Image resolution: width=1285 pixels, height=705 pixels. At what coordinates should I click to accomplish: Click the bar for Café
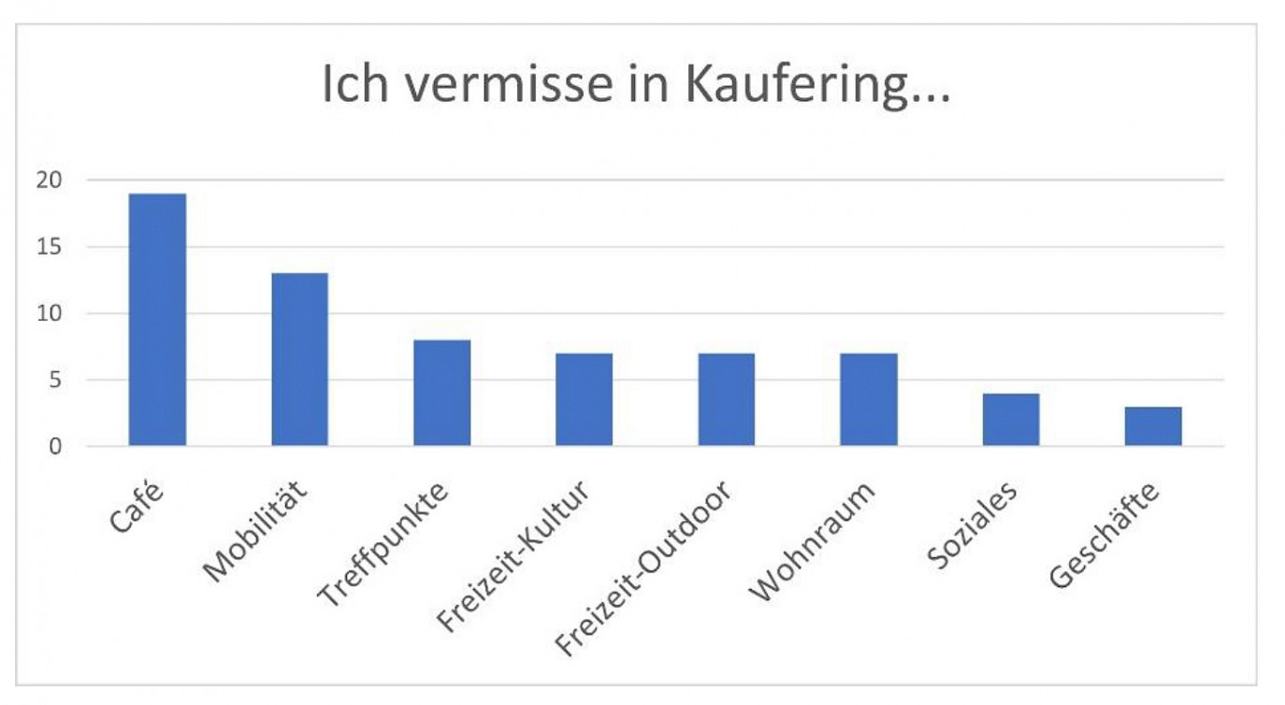pyautogui.click(x=157, y=320)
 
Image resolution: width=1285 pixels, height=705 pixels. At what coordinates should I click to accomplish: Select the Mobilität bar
pyautogui.click(x=299, y=359)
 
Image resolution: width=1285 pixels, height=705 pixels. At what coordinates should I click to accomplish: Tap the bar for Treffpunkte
pyautogui.click(x=441, y=393)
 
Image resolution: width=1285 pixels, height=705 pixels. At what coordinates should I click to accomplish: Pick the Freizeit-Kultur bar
pyautogui.click(x=584, y=399)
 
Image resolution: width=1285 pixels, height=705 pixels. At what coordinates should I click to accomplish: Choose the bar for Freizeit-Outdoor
pyautogui.click(x=726, y=399)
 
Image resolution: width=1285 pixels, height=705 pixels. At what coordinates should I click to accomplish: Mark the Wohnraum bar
pyautogui.click(x=868, y=399)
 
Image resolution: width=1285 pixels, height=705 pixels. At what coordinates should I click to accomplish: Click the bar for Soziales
pyautogui.click(x=1010, y=420)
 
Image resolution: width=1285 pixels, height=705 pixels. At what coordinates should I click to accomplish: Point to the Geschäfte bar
pyautogui.click(x=1152, y=426)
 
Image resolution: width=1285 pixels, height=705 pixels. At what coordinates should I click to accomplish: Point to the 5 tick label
pyautogui.click(x=55, y=381)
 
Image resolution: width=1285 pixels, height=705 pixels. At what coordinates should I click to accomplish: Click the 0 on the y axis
pyautogui.click(x=55, y=447)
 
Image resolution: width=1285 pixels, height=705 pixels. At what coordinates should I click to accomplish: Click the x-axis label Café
pyautogui.click(x=134, y=508)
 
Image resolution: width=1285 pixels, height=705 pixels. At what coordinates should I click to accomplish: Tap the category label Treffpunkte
pyautogui.click(x=384, y=543)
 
